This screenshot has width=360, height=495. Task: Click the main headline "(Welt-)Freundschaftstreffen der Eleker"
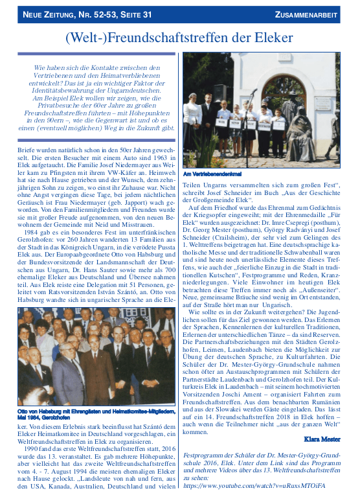point(179,38)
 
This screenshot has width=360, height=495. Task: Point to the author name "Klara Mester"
point(321,439)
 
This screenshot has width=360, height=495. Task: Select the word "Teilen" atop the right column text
point(194,184)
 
